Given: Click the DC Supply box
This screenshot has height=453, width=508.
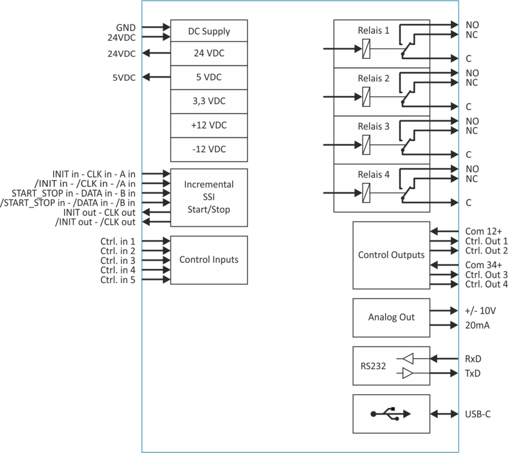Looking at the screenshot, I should click(209, 31).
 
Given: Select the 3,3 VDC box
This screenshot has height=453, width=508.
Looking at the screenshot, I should click(209, 101).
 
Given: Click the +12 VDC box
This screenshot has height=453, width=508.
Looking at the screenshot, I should click(209, 125).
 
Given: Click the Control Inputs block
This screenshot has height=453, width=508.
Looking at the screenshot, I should click(209, 260).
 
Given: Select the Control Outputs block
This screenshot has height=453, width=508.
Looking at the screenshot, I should click(391, 255).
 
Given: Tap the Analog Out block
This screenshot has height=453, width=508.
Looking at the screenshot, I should click(391, 317).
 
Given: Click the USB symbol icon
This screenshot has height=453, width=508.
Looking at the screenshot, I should click(391, 414).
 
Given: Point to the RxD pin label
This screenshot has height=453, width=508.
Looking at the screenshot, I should click(473, 358).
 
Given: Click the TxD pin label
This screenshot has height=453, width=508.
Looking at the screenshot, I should click(473, 373).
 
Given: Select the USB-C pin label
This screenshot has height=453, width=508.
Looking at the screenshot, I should click(477, 414).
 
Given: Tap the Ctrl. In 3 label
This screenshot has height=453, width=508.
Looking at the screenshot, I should click(117, 260).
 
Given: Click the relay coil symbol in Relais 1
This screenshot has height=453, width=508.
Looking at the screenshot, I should click(366, 50).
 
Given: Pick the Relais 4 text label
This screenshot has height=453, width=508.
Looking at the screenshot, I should click(373, 174).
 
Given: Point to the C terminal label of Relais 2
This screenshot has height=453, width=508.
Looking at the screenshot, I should click(469, 106).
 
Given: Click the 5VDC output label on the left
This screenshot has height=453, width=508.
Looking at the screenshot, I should click(124, 78).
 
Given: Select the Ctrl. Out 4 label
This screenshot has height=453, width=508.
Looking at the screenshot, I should click(485, 284).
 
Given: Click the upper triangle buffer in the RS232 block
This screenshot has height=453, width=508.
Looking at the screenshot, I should click(407, 358).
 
